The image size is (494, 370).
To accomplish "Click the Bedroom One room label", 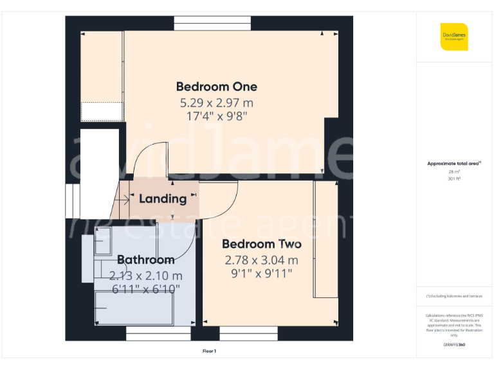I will pyautogui.click(x=217, y=87).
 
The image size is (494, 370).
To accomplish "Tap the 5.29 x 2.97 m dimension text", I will pyautogui.click(x=217, y=103).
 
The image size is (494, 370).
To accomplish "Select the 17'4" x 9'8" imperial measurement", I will pyautogui.click(x=217, y=116).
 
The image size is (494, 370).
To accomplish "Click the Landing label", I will pyautogui.click(x=163, y=198).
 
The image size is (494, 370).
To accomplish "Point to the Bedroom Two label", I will pyautogui.click(x=262, y=244).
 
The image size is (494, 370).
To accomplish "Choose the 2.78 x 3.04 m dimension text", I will pyautogui.click(x=262, y=260).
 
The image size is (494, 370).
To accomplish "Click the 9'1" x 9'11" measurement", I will pyautogui.click(x=262, y=274).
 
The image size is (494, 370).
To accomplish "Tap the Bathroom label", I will pyautogui.click(x=145, y=260).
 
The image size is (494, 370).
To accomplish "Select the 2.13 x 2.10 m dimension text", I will pyautogui.click(x=145, y=276).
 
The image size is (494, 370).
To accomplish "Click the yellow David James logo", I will pyautogui.click(x=454, y=36).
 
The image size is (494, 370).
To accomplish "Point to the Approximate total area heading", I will pyautogui.click(x=453, y=164).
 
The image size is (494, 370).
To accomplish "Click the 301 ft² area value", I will pyautogui.click(x=454, y=179).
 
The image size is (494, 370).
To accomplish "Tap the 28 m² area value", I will pyautogui.click(x=454, y=172).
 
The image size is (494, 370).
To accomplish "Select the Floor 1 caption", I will pyautogui.click(x=209, y=351).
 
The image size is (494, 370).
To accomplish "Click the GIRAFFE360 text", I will pyautogui.click(x=454, y=345).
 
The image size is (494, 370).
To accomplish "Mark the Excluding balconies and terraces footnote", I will pyautogui.click(x=454, y=296).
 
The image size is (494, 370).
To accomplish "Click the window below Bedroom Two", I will pyautogui.click(x=248, y=333).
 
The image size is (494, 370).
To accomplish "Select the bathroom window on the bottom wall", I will pyautogui.click(x=158, y=333).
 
